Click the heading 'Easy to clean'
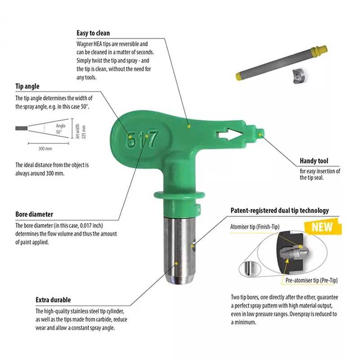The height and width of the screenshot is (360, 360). pyautogui.click(x=93, y=33)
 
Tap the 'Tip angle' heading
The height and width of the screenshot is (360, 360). pyautogui.click(x=27, y=86)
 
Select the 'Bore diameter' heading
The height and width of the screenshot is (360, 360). pyautogui.click(x=34, y=214)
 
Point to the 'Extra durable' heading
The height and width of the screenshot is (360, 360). pyautogui.click(x=53, y=300)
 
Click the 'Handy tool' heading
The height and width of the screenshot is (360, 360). pyautogui.click(x=314, y=161)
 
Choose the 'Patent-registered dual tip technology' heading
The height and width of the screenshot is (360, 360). pyautogui.click(x=279, y=211)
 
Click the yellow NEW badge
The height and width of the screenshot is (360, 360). pyautogui.click(x=323, y=227)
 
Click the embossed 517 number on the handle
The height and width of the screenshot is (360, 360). pyautogui.click(x=142, y=139)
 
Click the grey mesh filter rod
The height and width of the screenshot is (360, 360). pyautogui.click(x=282, y=63)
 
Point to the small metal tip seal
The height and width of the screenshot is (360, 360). pyautogui.click(x=300, y=76)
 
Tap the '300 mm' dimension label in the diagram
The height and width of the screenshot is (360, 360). pyautogui.click(x=45, y=149)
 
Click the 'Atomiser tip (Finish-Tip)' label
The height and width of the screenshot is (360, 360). pyautogui.click(x=255, y=227)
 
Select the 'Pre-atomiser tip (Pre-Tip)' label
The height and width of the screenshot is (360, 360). pyautogui.click(x=311, y=280)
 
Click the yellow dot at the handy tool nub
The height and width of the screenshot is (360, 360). pyautogui.click(x=260, y=134)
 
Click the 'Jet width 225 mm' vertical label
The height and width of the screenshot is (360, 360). pyautogui.click(x=81, y=131)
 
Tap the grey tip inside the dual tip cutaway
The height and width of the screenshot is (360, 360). pyautogui.click(x=295, y=253)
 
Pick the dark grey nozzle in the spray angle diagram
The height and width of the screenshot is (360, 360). pyautogui.click(x=22, y=128)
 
